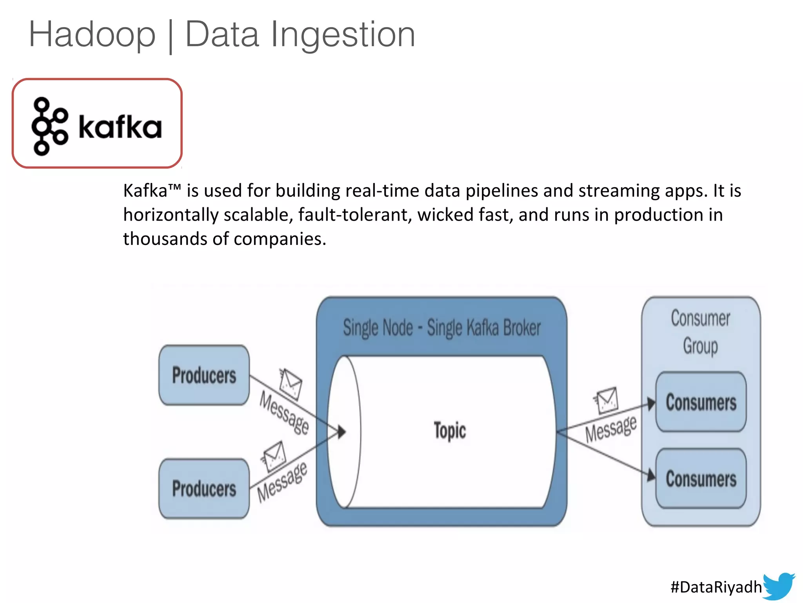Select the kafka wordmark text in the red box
[x=120, y=127]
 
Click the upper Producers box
[x=204, y=375]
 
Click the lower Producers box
[x=204, y=488]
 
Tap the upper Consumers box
[x=701, y=402]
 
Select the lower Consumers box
[x=701, y=479]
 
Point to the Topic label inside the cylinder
[x=450, y=431]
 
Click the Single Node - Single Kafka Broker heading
[x=441, y=327]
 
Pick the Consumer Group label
[x=701, y=332]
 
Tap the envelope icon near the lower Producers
[x=274, y=456]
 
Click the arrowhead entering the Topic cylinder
[x=342, y=432]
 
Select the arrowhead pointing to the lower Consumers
[x=651, y=475]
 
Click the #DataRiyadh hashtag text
[x=716, y=587]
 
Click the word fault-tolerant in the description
[x=355, y=215]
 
